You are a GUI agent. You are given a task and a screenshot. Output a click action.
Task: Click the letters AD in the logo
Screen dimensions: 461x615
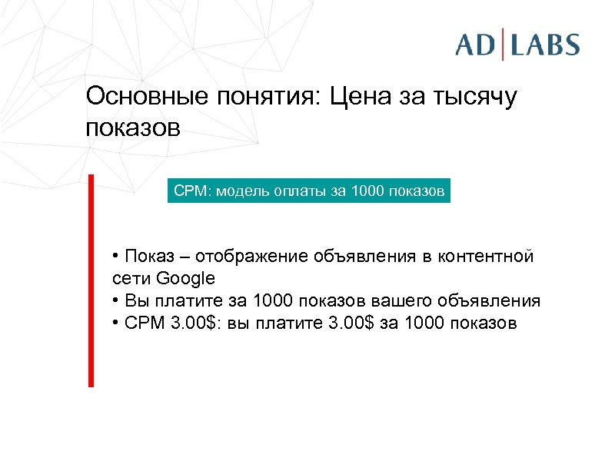(476, 44)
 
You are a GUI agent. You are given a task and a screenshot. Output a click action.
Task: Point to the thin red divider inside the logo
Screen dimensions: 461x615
(504, 44)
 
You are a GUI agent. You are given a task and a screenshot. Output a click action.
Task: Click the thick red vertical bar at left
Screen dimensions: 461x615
(91, 280)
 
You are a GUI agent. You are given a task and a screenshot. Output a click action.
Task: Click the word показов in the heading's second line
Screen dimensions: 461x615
(132, 128)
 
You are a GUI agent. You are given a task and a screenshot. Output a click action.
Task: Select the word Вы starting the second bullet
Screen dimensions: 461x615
(134, 300)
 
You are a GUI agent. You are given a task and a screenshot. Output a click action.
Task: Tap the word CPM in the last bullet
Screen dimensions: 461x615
(141, 323)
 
